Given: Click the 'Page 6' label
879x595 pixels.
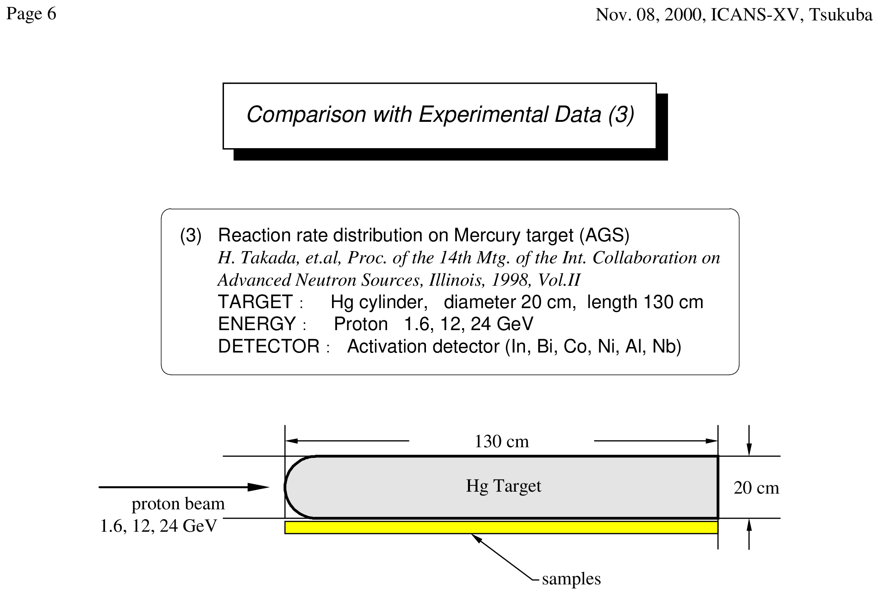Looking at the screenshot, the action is [31, 14].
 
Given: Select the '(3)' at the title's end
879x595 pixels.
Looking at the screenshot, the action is [621, 115].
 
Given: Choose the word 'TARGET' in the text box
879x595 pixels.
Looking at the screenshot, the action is [255, 302].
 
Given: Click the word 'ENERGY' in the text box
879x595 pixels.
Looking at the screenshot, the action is [257, 324].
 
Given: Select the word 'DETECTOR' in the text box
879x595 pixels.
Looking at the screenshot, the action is [269, 347].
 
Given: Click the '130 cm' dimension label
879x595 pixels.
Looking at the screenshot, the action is [502, 441].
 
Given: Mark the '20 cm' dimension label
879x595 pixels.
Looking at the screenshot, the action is [756, 488].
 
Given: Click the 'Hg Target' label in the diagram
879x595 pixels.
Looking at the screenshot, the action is [504, 487].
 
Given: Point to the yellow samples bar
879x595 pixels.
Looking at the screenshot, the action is [501, 527].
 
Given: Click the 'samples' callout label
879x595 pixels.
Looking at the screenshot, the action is [571, 579].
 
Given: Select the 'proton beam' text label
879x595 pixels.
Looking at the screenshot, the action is [178, 504].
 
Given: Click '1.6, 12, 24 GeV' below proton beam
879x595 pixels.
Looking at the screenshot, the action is [159, 526].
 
